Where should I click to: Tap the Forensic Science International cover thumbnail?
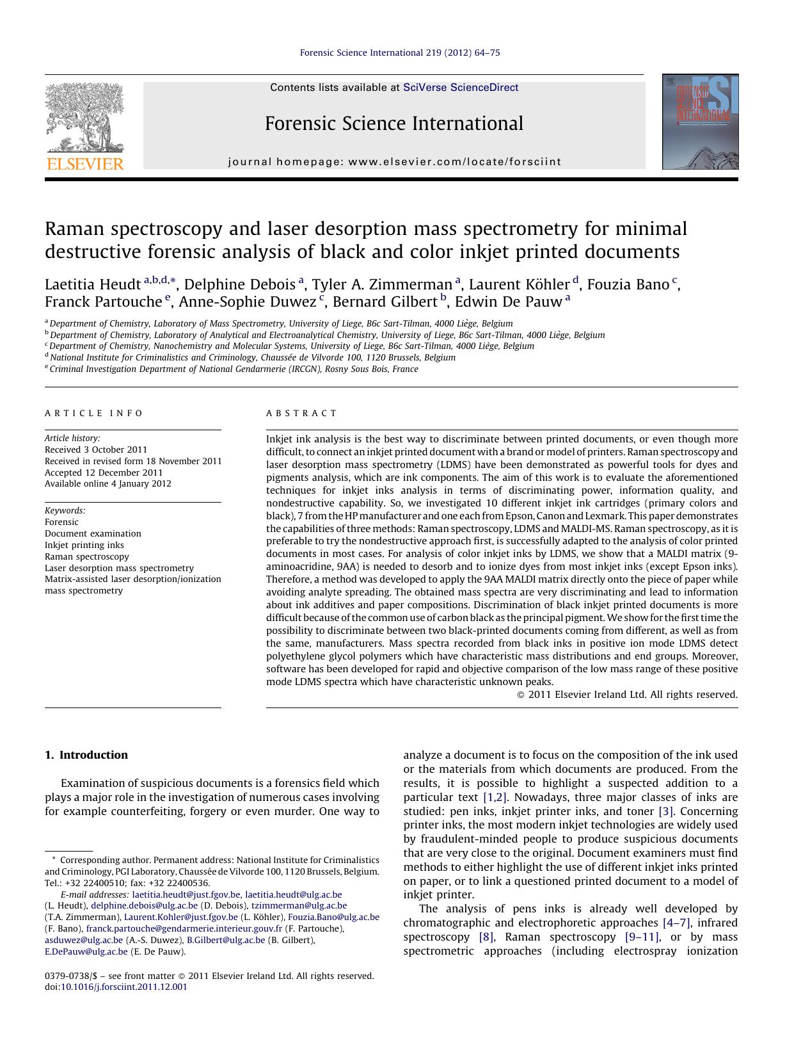700,122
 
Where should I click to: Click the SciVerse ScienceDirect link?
460,88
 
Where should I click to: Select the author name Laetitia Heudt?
92,284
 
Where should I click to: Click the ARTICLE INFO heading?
94,413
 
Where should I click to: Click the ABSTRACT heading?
301,413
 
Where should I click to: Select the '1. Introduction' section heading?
86,755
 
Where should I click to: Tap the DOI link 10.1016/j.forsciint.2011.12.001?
123,987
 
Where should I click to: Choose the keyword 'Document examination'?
93,533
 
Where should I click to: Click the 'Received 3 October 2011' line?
96,449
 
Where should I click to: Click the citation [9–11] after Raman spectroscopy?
641,937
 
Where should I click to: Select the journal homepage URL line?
394,162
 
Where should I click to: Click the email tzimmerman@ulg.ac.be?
299,905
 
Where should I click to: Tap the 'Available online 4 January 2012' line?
108,483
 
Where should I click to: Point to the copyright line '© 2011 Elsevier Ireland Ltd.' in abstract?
627,694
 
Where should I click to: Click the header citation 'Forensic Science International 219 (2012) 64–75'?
400,53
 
